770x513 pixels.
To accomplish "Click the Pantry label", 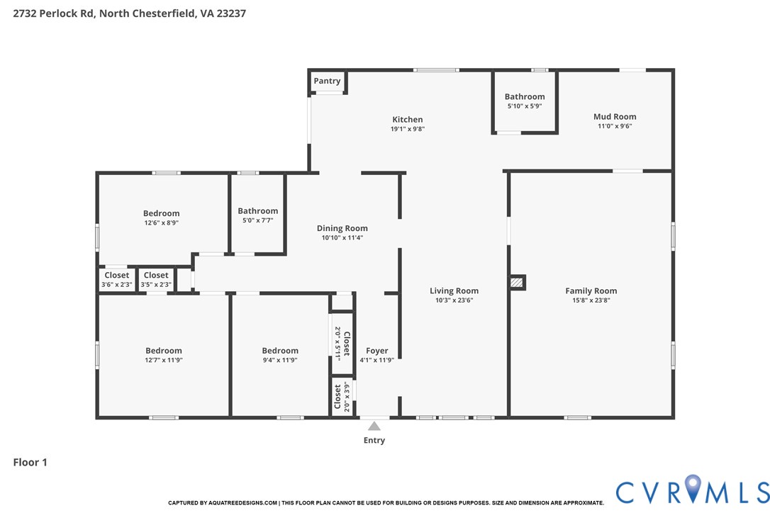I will tap(327, 81).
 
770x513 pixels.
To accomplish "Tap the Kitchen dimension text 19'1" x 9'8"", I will tap(408, 129).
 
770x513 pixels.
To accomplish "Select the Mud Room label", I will tap(615, 116).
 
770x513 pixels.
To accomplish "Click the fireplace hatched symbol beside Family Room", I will tap(517, 283).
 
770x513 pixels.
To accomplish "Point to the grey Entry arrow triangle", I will tap(374, 426).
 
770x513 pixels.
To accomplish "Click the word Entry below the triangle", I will tap(374, 441).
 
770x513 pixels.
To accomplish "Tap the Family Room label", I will tap(591, 291).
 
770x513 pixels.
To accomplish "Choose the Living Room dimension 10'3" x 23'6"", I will tap(454, 300).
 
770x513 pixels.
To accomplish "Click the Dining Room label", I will tap(342, 228).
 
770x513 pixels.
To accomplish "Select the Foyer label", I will tap(376, 351).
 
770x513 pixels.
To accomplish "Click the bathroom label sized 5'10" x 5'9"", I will tap(525, 96).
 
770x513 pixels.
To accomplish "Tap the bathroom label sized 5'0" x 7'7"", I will tap(258, 210).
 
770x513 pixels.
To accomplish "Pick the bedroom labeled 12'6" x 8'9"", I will tap(161, 213).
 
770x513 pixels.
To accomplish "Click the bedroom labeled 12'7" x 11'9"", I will tap(164, 351).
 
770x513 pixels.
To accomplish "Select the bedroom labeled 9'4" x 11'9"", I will tap(280, 351).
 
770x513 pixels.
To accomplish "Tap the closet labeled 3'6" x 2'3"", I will tap(117, 276).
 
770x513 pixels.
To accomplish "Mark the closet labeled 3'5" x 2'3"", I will tap(156, 276).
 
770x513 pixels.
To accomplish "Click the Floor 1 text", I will tap(30, 463).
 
